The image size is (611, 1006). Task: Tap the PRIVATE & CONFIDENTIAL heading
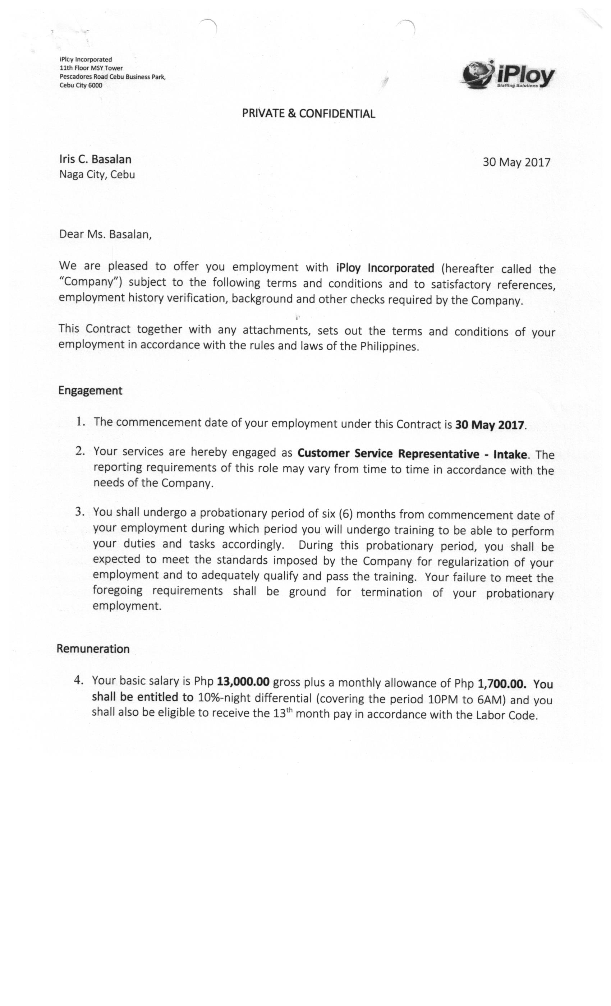[308, 114]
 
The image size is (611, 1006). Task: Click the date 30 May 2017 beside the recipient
[516, 162]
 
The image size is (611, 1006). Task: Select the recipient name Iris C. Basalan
[95, 159]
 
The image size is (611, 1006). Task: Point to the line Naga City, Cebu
[97, 175]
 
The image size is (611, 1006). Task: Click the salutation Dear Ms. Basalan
[105, 234]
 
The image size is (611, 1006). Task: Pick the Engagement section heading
[90, 391]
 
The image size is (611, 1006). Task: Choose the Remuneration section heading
[93, 649]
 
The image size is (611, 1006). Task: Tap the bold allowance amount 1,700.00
[501, 683]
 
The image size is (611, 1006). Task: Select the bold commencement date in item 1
[489, 425]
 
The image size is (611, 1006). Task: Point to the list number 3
[80, 512]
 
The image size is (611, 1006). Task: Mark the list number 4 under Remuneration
[79, 680]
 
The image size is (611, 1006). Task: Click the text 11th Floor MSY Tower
[91, 68]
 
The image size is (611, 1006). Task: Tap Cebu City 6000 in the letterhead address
[81, 86]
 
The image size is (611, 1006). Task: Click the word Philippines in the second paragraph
[389, 347]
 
